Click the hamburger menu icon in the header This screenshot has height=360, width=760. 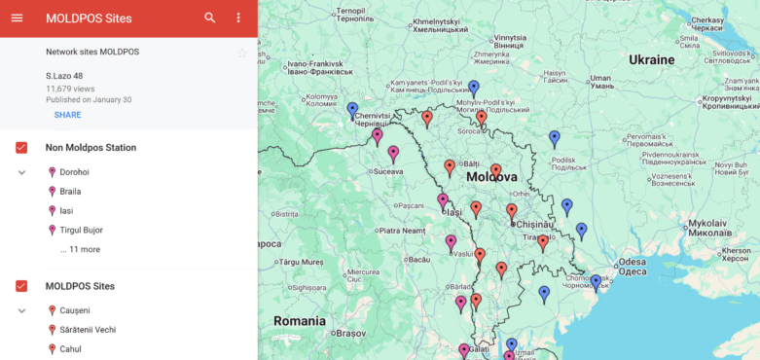(x=17, y=18)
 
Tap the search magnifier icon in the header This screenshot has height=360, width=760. (x=210, y=18)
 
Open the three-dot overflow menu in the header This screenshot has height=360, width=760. (x=238, y=18)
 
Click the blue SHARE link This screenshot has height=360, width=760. (x=67, y=115)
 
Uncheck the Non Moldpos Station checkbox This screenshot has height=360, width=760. (x=21, y=148)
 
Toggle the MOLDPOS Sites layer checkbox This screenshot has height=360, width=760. (x=21, y=286)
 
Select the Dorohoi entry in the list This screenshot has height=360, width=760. (x=74, y=172)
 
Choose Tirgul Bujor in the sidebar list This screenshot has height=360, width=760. (x=81, y=231)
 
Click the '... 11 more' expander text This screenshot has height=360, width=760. (x=80, y=250)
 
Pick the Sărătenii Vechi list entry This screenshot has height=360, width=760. (x=89, y=330)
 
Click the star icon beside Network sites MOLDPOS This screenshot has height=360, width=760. (x=242, y=53)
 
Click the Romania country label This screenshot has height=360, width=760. (x=300, y=320)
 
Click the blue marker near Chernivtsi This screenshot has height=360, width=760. (x=352, y=109)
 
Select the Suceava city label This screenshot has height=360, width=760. (x=387, y=171)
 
